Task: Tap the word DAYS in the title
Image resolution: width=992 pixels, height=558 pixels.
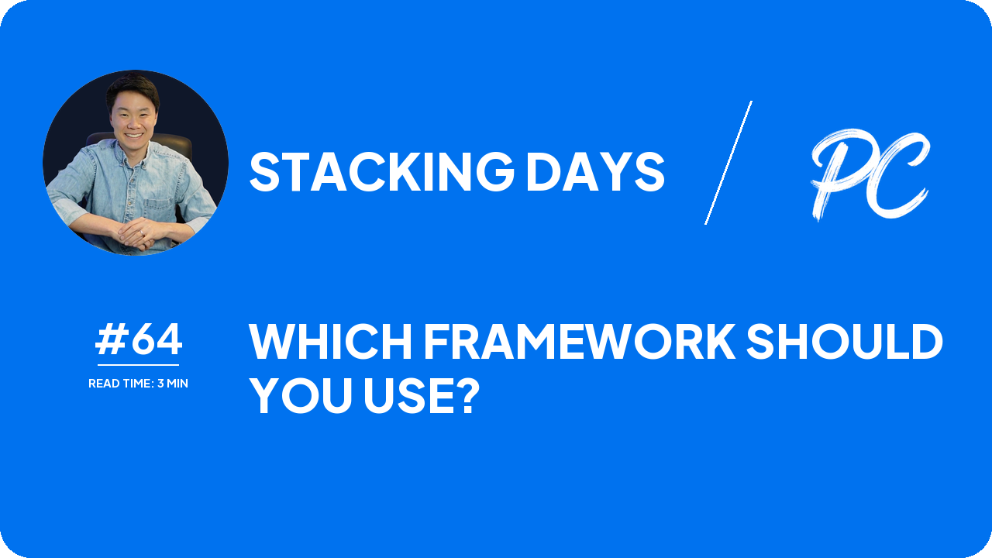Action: click(x=595, y=172)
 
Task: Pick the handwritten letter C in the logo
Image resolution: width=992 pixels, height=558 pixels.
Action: click(x=899, y=178)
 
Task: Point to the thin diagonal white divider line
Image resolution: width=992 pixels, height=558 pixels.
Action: click(x=728, y=163)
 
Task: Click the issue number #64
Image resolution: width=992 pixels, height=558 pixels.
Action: click(x=139, y=340)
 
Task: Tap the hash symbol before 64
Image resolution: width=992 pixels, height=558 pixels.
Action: click(x=112, y=340)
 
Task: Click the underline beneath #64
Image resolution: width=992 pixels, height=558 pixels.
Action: click(x=138, y=364)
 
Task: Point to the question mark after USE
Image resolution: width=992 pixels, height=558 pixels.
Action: click(x=463, y=396)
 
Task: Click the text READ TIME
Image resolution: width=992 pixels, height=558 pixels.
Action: click(x=121, y=384)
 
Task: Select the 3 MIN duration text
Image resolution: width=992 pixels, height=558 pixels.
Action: click(x=173, y=384)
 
